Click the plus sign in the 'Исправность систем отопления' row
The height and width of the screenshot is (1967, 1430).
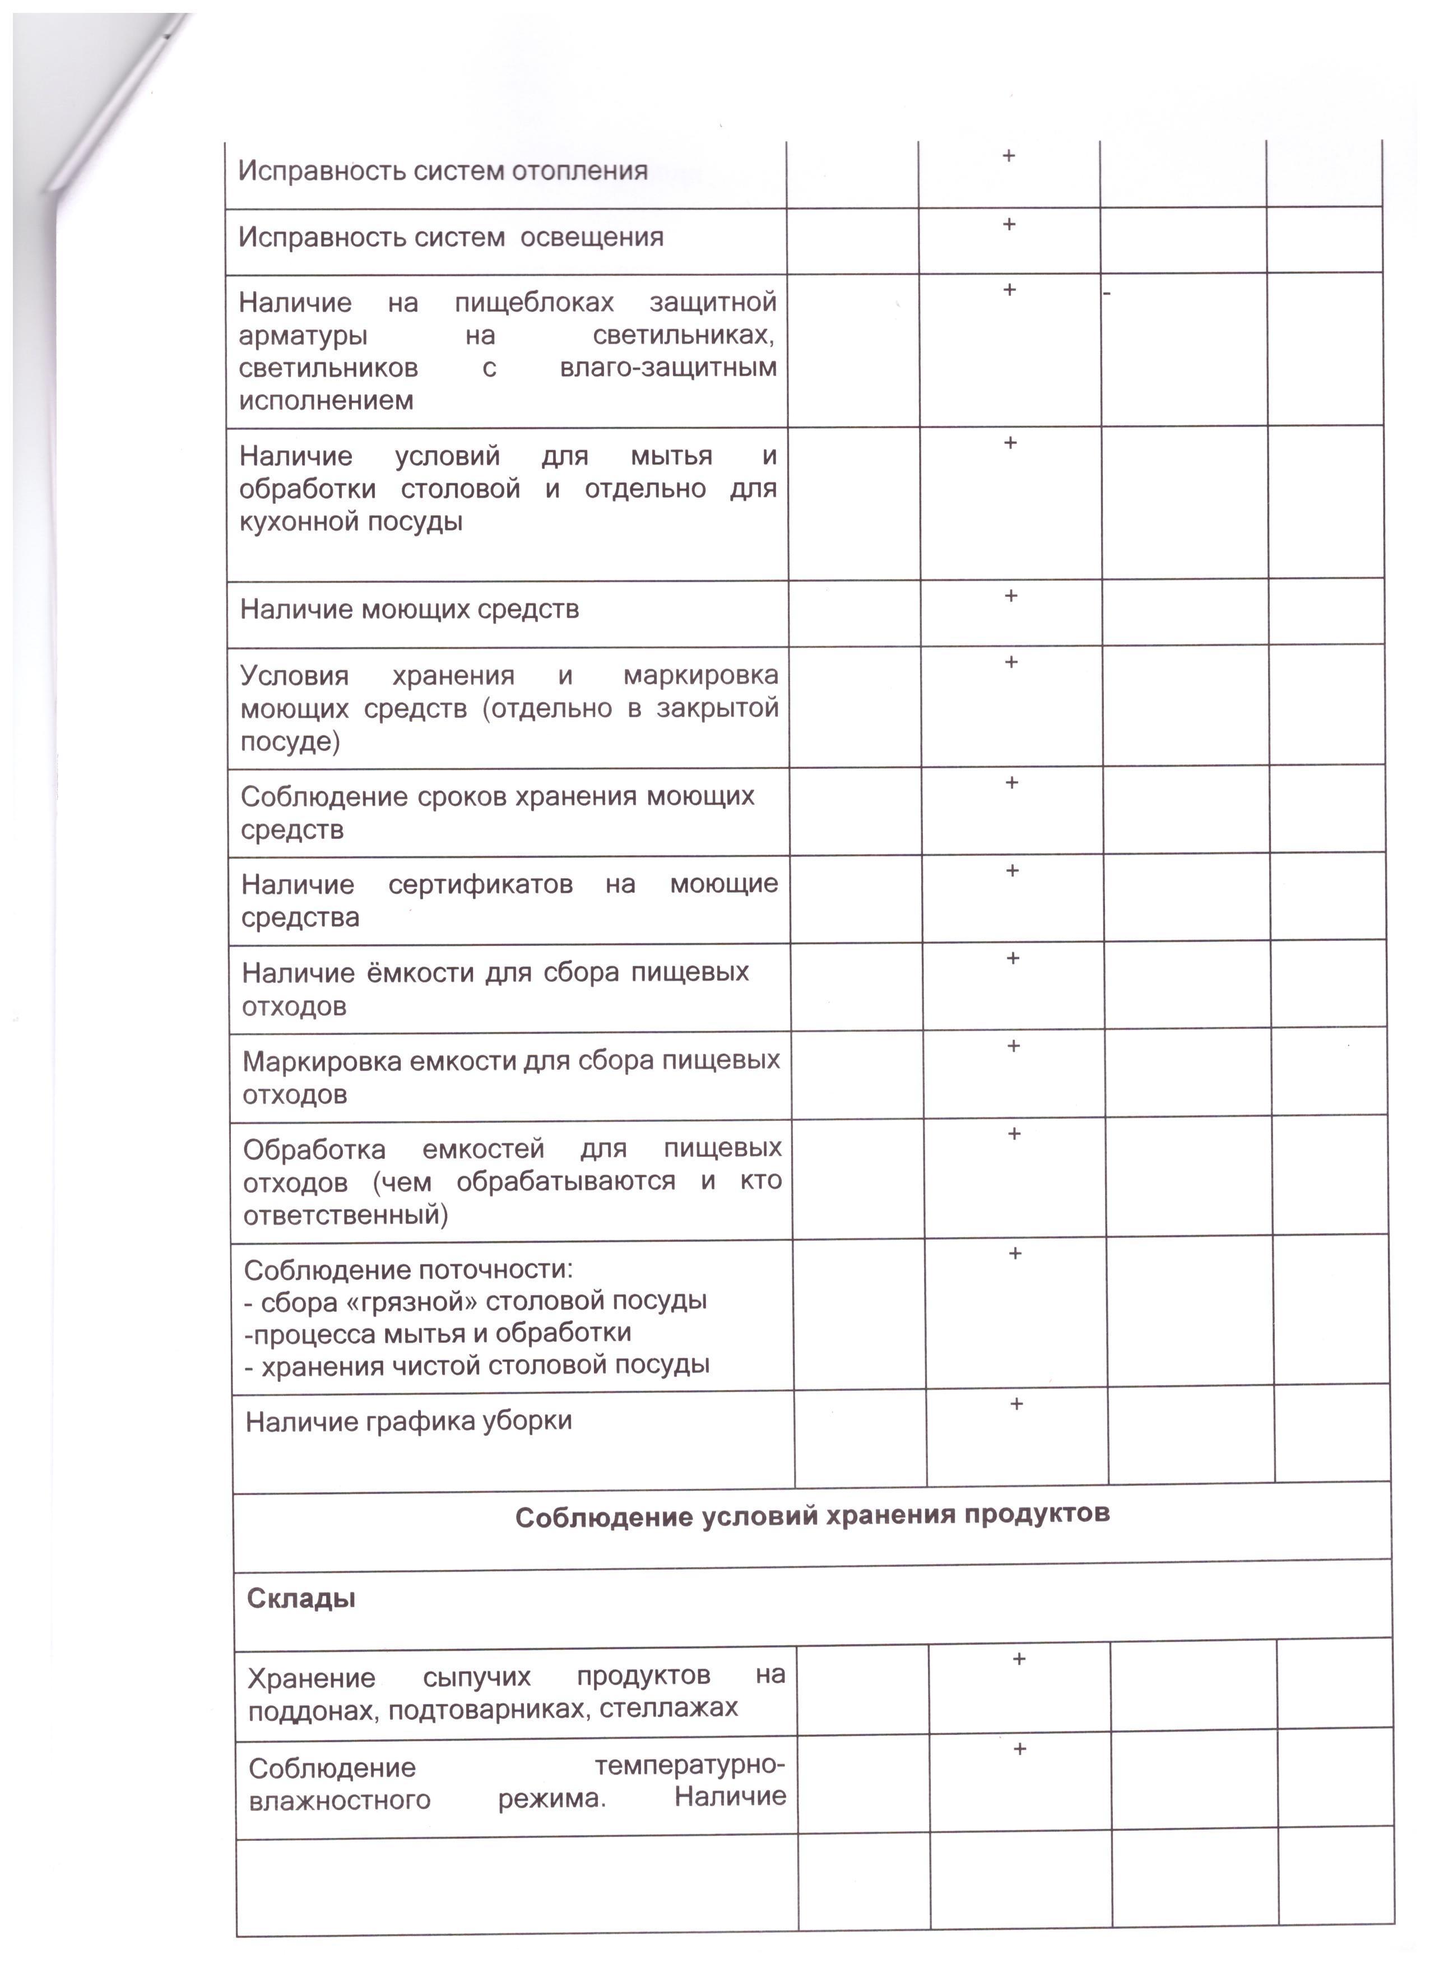(1009, 156)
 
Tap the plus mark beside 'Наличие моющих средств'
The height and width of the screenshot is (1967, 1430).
(1010, 596)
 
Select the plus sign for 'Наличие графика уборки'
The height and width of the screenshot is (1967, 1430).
(1016, 1403)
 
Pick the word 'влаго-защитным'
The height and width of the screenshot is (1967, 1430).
(668, 368)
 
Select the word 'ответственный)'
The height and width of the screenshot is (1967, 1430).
(345, 1215)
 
